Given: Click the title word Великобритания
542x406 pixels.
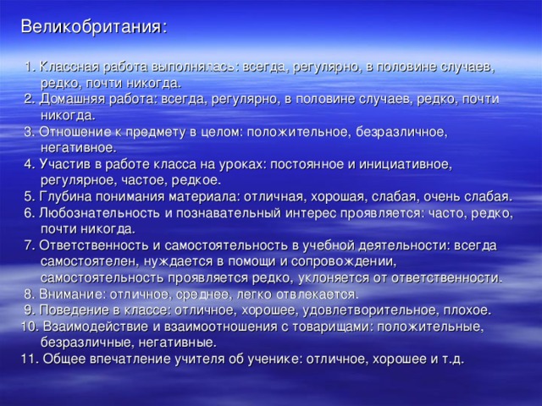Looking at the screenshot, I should click(x=91, y=25).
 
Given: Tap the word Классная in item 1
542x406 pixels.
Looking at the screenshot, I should click(x=70, y=66).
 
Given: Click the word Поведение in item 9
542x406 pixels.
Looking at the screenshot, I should click(x=76, y=310).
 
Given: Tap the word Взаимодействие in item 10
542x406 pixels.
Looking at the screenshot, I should click(x=93, y=326).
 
